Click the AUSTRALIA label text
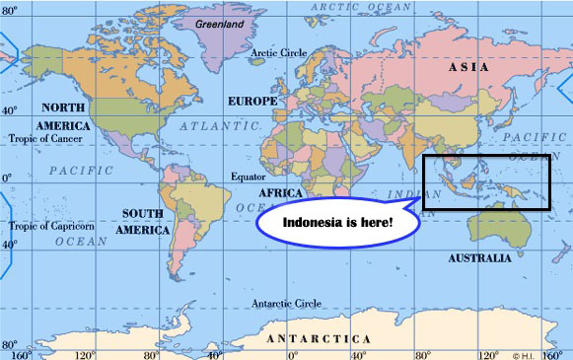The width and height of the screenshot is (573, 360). point(479,258)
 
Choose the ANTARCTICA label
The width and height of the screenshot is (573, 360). point(320,338)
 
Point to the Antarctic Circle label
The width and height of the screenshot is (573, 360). point(285,303)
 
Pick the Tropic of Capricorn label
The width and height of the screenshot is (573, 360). point(52,226)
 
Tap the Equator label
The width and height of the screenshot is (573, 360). point(250,178)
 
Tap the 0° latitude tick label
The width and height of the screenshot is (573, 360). point(7,179)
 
